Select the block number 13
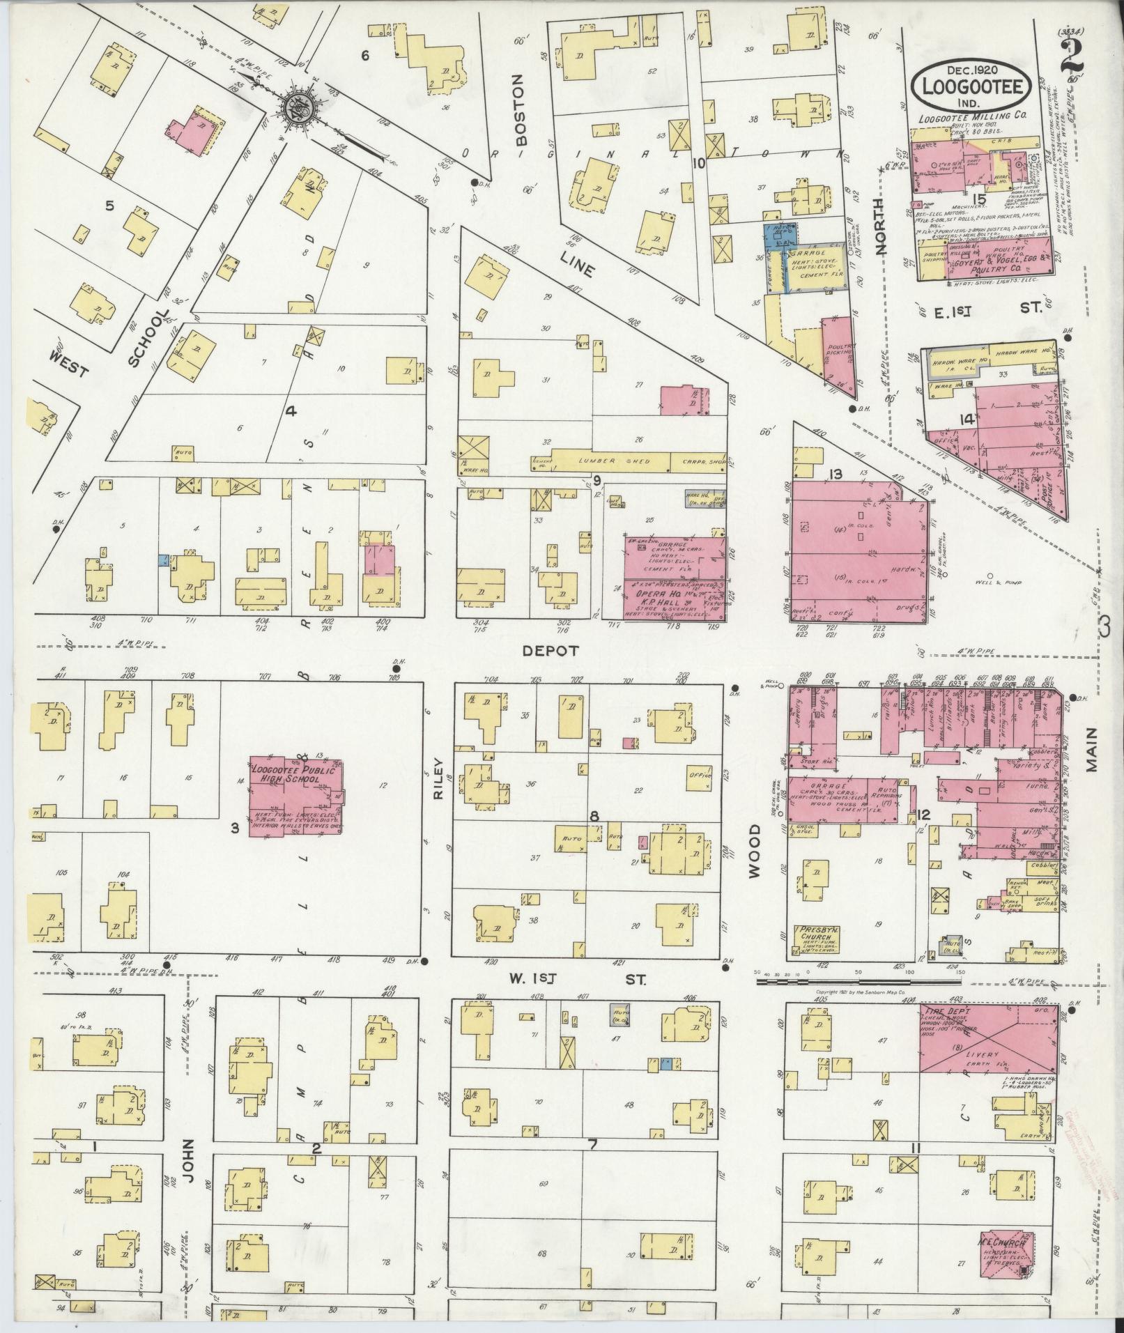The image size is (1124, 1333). pyautogui.click(x=835, y=475)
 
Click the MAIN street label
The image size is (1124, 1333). pyautogui.click(x=1091, y=749)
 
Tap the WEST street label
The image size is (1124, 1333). pyautogui.click(x=70, y=364)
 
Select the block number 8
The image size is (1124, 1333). pyautogui.click(x=594, y=815)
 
